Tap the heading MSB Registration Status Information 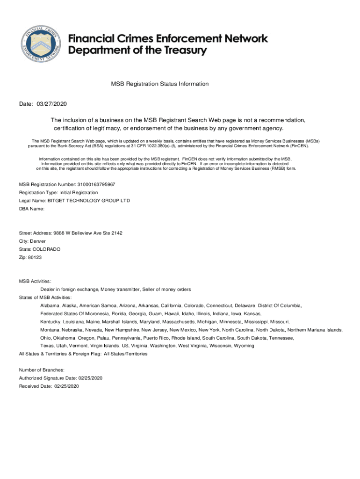[x=159, y=84]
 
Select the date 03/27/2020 [x=51, y=103]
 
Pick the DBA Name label [x=31, y=209]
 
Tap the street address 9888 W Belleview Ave [x=81, y=233]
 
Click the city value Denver [x=38, y=241]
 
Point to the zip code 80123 [x=35, y=257]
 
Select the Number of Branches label [x=41, y=370]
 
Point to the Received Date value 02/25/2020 [x=67, y=386]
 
